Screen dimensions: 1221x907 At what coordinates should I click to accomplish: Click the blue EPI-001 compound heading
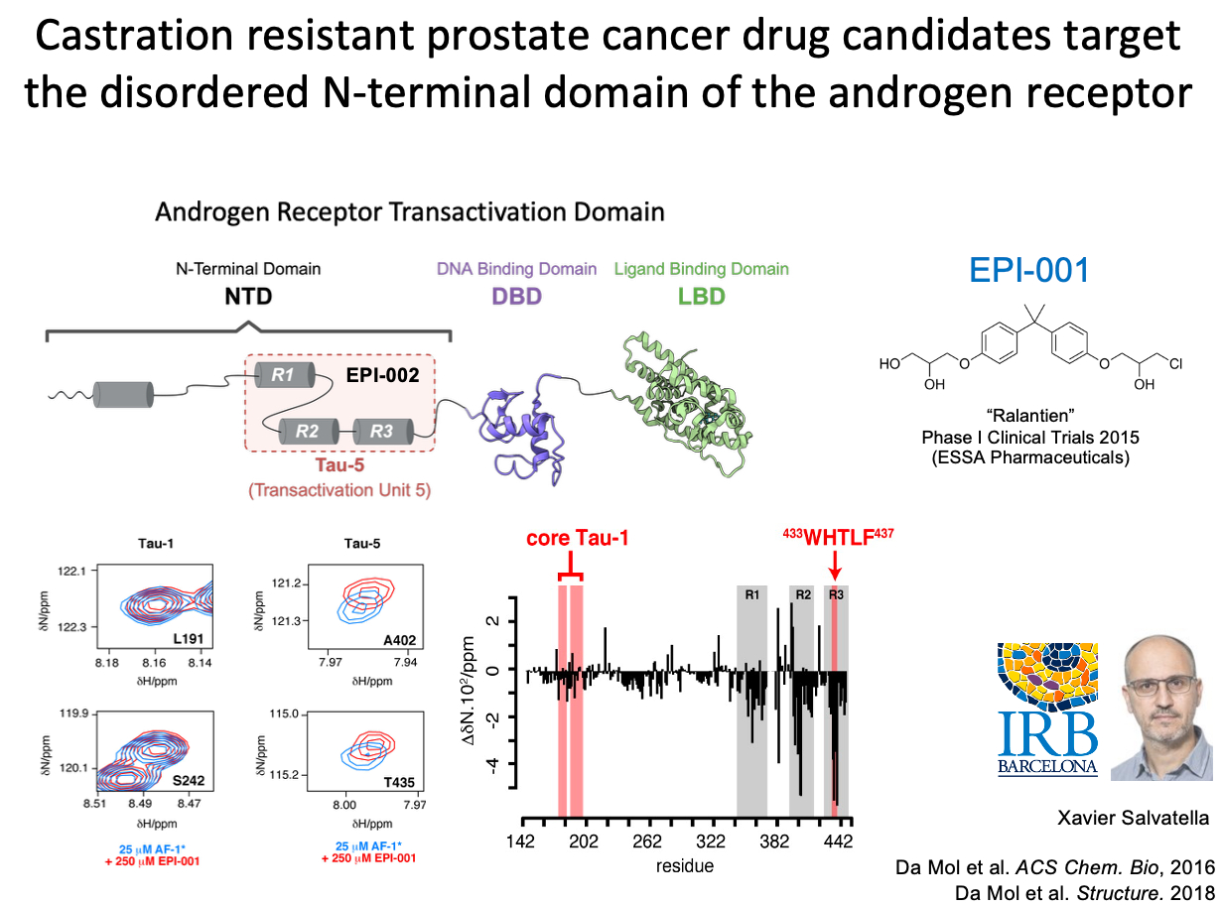1028,270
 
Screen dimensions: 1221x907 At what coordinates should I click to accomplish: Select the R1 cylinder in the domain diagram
284,375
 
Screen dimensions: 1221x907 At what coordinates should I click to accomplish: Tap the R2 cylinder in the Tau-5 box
309,431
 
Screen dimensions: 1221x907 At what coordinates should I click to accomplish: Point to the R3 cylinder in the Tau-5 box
382,431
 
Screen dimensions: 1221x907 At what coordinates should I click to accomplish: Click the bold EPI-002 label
382,375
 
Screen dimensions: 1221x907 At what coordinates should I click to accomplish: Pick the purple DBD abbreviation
516,297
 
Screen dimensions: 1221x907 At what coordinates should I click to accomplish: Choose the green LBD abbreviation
702,297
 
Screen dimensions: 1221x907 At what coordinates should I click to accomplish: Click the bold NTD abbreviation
248,297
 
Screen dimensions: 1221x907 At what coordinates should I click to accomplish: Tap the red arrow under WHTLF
835,564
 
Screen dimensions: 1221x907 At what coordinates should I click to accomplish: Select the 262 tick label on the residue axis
647,842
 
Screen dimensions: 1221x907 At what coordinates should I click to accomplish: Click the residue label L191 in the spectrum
189,639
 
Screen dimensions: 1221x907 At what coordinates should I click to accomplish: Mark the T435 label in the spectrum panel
399,782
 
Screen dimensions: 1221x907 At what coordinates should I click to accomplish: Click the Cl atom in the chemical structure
1176,364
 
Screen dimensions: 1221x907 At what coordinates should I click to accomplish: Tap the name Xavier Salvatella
1133,818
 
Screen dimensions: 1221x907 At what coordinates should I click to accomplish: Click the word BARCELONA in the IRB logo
1047,767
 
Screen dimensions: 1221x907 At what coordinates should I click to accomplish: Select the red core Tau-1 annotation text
577,538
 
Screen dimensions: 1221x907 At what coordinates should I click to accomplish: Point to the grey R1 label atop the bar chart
752,594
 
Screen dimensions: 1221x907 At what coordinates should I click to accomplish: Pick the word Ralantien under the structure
1030,416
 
